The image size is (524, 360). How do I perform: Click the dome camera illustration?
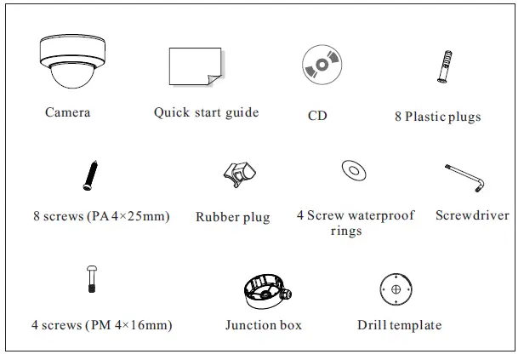click(68, 65)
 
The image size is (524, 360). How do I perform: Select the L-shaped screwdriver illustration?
click(465, 178)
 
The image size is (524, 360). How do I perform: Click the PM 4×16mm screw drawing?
click(91, 279)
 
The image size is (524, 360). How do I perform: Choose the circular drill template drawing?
click(397, 289)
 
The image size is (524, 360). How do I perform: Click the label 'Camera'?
click(68, 112)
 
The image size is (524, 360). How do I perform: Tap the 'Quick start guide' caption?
click(207, 112)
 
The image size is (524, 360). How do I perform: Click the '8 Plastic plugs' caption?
click(437, 116)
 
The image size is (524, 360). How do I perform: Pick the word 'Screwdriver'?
click(472, 215)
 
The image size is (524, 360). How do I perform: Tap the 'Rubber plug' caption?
click(232, 217)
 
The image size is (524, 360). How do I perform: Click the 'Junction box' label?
click(263, 324)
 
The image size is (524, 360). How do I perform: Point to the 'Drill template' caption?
click(400, 324)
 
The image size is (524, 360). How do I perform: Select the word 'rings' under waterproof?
click(346, 230)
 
